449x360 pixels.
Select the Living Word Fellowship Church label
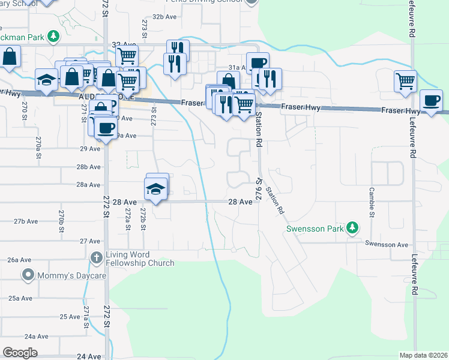pos(140,259)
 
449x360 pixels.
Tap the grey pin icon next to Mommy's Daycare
pos(27,275)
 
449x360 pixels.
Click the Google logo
pos(20,352)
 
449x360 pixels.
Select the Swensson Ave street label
pos(388,245)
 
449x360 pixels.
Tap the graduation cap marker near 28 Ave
pos(156,190)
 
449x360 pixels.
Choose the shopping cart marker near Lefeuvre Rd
pos(405,80)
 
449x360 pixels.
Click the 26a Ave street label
pos(19,260)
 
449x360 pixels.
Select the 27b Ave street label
pos(26,221)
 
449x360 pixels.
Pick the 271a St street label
pos(86,316)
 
